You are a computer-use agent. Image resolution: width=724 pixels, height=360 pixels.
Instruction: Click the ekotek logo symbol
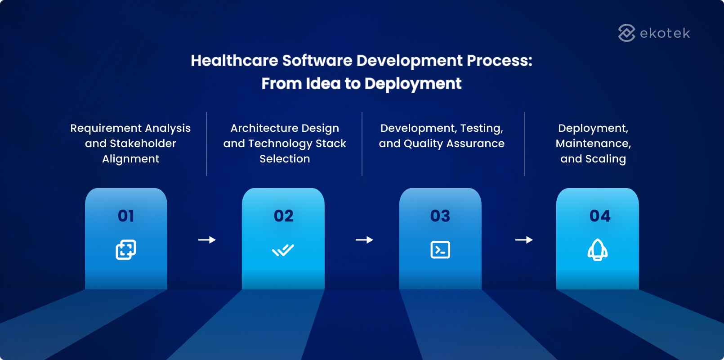click(626, 33)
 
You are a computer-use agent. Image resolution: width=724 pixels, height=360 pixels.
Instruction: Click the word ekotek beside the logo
click(665, 33)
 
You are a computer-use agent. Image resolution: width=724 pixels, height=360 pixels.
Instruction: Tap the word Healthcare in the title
click(234, 61)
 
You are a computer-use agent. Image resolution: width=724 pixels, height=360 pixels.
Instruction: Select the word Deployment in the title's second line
click(413, 84)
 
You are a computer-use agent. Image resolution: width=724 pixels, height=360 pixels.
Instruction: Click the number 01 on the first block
click(126, 216)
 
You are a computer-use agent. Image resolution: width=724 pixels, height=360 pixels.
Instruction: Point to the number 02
click(283, 216)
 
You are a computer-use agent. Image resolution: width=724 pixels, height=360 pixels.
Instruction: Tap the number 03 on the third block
click(440, 216)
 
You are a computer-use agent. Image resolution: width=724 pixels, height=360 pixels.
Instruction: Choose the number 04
click(600, 216)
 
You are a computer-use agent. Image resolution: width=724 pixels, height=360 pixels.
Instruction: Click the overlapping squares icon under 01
click(126, 250)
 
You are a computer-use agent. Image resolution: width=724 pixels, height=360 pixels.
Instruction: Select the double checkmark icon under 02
click(283, 250)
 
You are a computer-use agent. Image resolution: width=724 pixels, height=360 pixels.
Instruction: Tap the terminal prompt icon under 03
click(440, 250)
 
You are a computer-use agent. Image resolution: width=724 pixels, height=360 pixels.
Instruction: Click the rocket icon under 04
click(598, 250)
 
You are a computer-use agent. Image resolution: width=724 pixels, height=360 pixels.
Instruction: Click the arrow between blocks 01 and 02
click(207, 240)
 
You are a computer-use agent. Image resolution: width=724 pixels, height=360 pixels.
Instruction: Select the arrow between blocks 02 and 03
click(364, 240)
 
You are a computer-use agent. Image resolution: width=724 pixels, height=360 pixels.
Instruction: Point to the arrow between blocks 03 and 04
click(524, 240)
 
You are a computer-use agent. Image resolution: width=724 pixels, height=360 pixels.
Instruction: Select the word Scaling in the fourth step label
click(605, 159)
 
